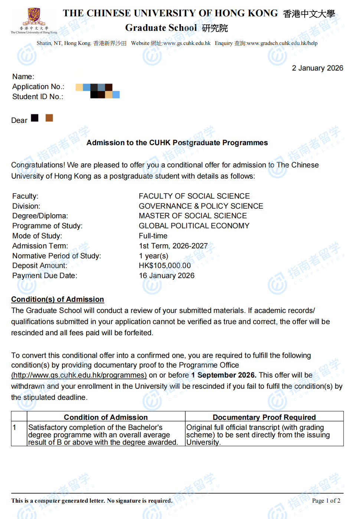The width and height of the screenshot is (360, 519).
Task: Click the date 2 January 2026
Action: pyautogui.click(x=317, y=68)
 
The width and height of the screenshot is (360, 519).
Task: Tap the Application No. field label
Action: pyautogui.click(x=38, y=86)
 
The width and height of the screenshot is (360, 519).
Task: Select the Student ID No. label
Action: pyautogui.click(x=37, y=97)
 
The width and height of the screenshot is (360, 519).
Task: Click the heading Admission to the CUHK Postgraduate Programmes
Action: pyautogui.click(x=177, y=143)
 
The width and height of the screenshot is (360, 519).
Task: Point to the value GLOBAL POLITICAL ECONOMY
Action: pyautogui.click(x=194, y=226)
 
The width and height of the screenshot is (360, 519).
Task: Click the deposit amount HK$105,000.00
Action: pyautogui.click(x=165, y=265)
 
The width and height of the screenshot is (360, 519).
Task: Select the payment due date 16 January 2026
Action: pyautogui.click(x=167, y=275)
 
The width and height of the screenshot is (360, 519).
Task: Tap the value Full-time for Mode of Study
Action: pyautogui.click(x=153, y=236)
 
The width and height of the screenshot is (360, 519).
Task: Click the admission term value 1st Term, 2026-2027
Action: pyautogui.click(x=173, y=246)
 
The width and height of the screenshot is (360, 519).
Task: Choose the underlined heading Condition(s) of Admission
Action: pyautogui.click(x=58, y=299)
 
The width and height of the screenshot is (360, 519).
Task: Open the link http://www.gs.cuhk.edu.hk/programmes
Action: pyautogui.click(x=79, y=375)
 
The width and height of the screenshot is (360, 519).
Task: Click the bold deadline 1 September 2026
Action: pyautogui.click(x=224, y=375)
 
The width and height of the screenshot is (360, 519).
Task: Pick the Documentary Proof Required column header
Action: pyautogui.click(x=264, y=417)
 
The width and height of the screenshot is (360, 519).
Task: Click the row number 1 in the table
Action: pyautogui.click(x=14, y=427)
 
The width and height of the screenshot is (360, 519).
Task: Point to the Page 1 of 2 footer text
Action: pyautogui.click(x=326, y=501)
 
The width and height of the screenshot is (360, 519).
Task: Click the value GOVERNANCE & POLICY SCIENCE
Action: pyautogui.click(x=201, y=206)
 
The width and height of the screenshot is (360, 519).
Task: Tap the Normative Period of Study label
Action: pyautogui.click(x=56, y=256)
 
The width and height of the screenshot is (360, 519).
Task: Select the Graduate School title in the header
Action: pyautogui.click(x=161, y=28)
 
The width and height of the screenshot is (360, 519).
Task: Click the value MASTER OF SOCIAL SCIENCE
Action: pyautogui.click(x=193, y=216)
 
